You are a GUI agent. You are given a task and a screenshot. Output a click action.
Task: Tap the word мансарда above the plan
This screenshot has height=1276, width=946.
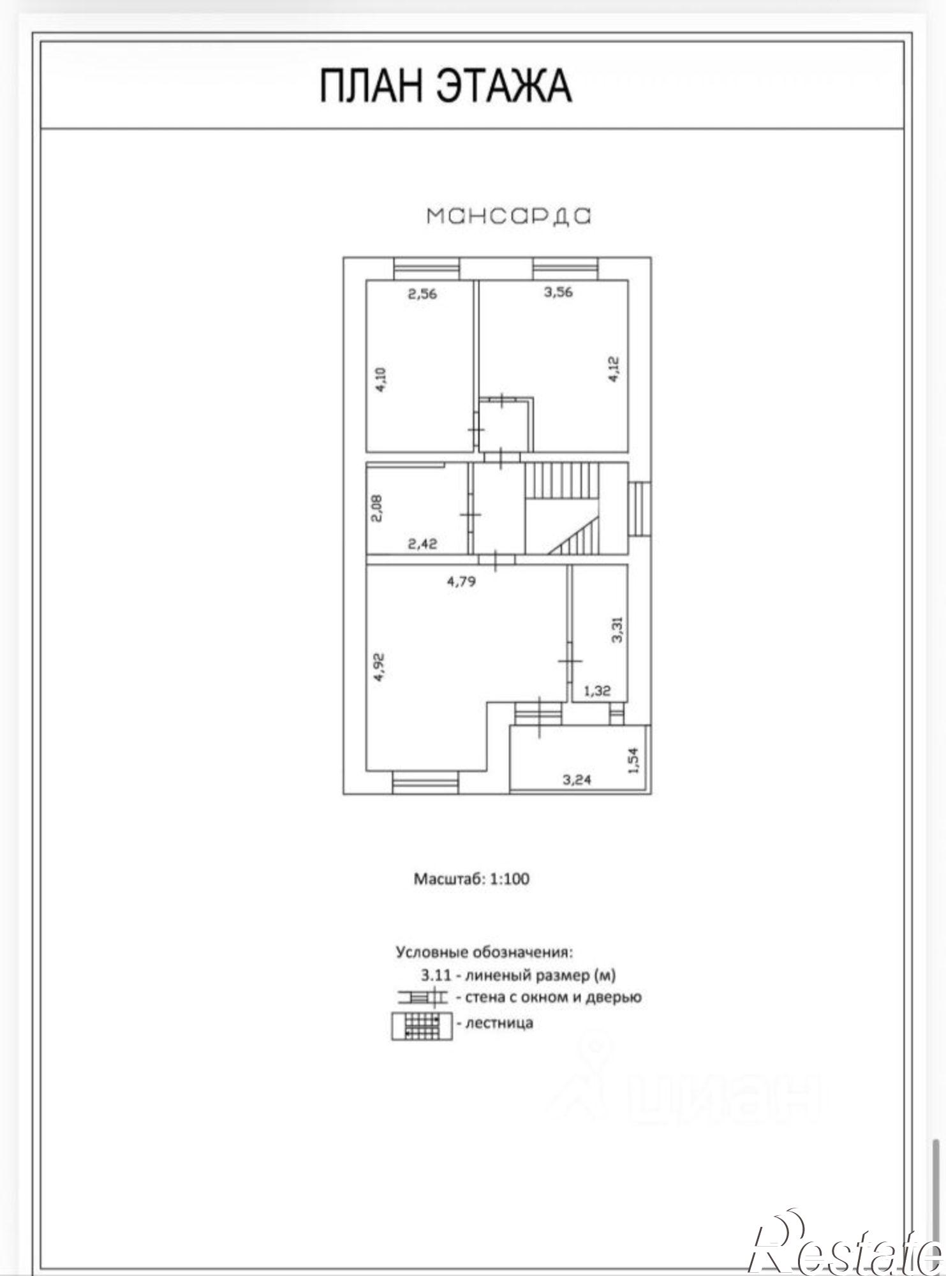point(508,216)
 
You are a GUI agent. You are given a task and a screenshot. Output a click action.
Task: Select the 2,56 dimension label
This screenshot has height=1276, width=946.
point(422,294)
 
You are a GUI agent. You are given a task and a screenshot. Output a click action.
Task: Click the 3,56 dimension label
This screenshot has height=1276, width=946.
point(558,292)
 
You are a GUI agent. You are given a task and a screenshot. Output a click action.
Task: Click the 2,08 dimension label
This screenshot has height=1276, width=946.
point(378,509)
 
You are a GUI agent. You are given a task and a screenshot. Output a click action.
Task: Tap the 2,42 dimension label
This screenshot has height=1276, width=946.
point(422,544)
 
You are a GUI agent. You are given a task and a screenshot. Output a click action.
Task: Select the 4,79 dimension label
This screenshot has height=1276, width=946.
point(461,581)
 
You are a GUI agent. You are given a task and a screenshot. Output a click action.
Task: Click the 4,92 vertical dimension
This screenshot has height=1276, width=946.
point(380,667)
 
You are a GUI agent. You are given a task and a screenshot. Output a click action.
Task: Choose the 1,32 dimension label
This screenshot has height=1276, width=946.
point(597,690)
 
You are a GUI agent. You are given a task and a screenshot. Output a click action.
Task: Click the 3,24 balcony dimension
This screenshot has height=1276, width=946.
point(576,779)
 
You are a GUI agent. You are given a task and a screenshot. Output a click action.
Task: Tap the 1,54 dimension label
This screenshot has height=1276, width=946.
point(633,760)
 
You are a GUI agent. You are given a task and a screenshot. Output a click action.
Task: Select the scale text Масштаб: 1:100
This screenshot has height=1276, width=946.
point(472,879)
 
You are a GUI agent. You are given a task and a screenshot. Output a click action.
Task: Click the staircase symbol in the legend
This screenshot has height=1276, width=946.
point(422,1025)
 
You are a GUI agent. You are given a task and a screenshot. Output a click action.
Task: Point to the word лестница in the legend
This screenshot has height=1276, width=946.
point(499,1024)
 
